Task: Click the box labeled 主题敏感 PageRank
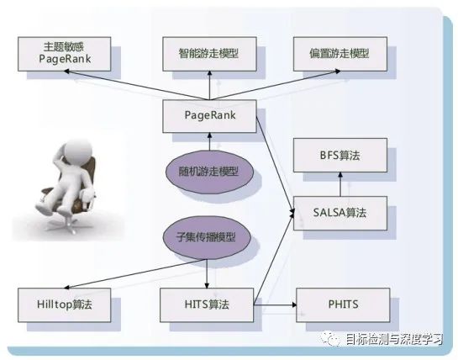(x=64, y=54)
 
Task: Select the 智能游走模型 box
(x=209, y=54)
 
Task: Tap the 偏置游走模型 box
(x=340, y=54)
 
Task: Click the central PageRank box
(x=209, y=116)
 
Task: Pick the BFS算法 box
(x=340, y=156)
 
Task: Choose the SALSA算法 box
(x=340, y=213)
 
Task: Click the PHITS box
(x=343, y=305)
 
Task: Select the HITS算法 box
(x=207, y=305)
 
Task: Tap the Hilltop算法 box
(x=64, y=305)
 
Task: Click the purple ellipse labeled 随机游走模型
(x=209, y=172)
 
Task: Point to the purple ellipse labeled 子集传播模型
(x=207, y=237)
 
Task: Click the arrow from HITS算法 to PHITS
(x=275, y=305)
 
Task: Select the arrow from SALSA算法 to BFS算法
(x=340, y=184)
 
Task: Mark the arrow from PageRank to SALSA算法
(x=275, y=165)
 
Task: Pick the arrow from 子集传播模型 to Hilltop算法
(x=135, y=273)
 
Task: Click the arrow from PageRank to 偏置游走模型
(x=275, y=85)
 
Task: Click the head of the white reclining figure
(x=77, y=151)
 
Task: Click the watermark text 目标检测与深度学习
(x=395, y=339)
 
